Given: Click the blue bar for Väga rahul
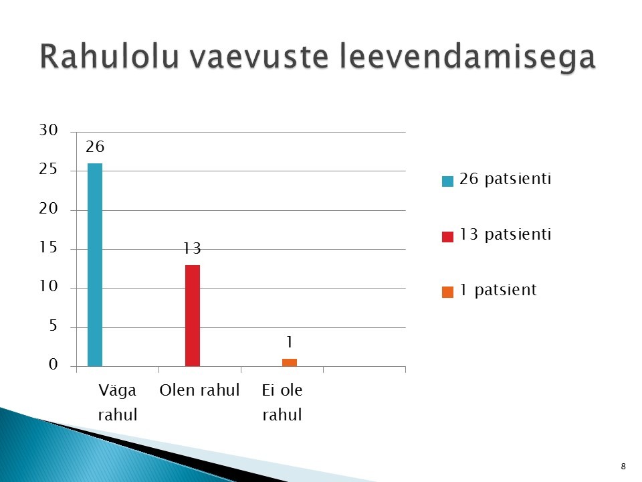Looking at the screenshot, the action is (x=95, y=265).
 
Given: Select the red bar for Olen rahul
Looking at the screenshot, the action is (x=193, y=315).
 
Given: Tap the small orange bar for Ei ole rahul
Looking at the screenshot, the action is (x=290, y=362).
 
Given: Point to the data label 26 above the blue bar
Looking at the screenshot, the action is (x=95, y=147).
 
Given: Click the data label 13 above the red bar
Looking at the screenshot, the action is (x=192, y=248).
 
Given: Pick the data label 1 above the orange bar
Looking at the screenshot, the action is (x=290, y=342).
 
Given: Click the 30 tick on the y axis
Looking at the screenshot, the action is (x=48, y=131).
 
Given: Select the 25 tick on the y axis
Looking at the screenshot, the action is (x=48, y=169).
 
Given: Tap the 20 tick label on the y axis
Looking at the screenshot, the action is (x=48, y=209).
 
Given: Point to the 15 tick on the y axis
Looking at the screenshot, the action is (x=48, y=248).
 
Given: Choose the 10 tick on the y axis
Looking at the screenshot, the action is (x=48, y=287).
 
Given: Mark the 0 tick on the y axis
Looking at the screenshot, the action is (x=53, y=365).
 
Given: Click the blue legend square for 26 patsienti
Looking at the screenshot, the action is (x=447, y=181).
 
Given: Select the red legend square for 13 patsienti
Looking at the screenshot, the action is (x=447, y=237).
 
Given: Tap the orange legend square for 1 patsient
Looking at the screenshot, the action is (x=447, y=293).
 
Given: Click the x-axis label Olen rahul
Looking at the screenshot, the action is (x=199, y=390).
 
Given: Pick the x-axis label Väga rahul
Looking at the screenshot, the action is (x=118, y=402).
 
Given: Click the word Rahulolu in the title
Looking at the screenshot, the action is (x=109, y=56).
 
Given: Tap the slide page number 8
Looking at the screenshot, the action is (x=623, y=467).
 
